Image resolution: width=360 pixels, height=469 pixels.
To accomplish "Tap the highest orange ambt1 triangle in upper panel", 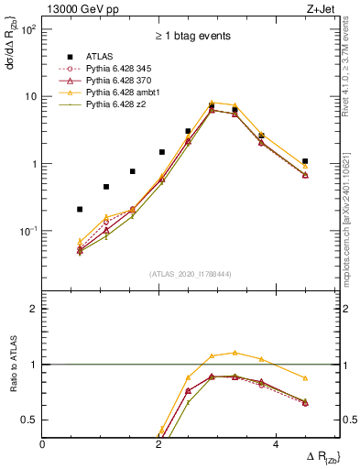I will [x=212, y=103].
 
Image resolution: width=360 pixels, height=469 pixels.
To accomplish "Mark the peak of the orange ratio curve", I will [x=235, y=352].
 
